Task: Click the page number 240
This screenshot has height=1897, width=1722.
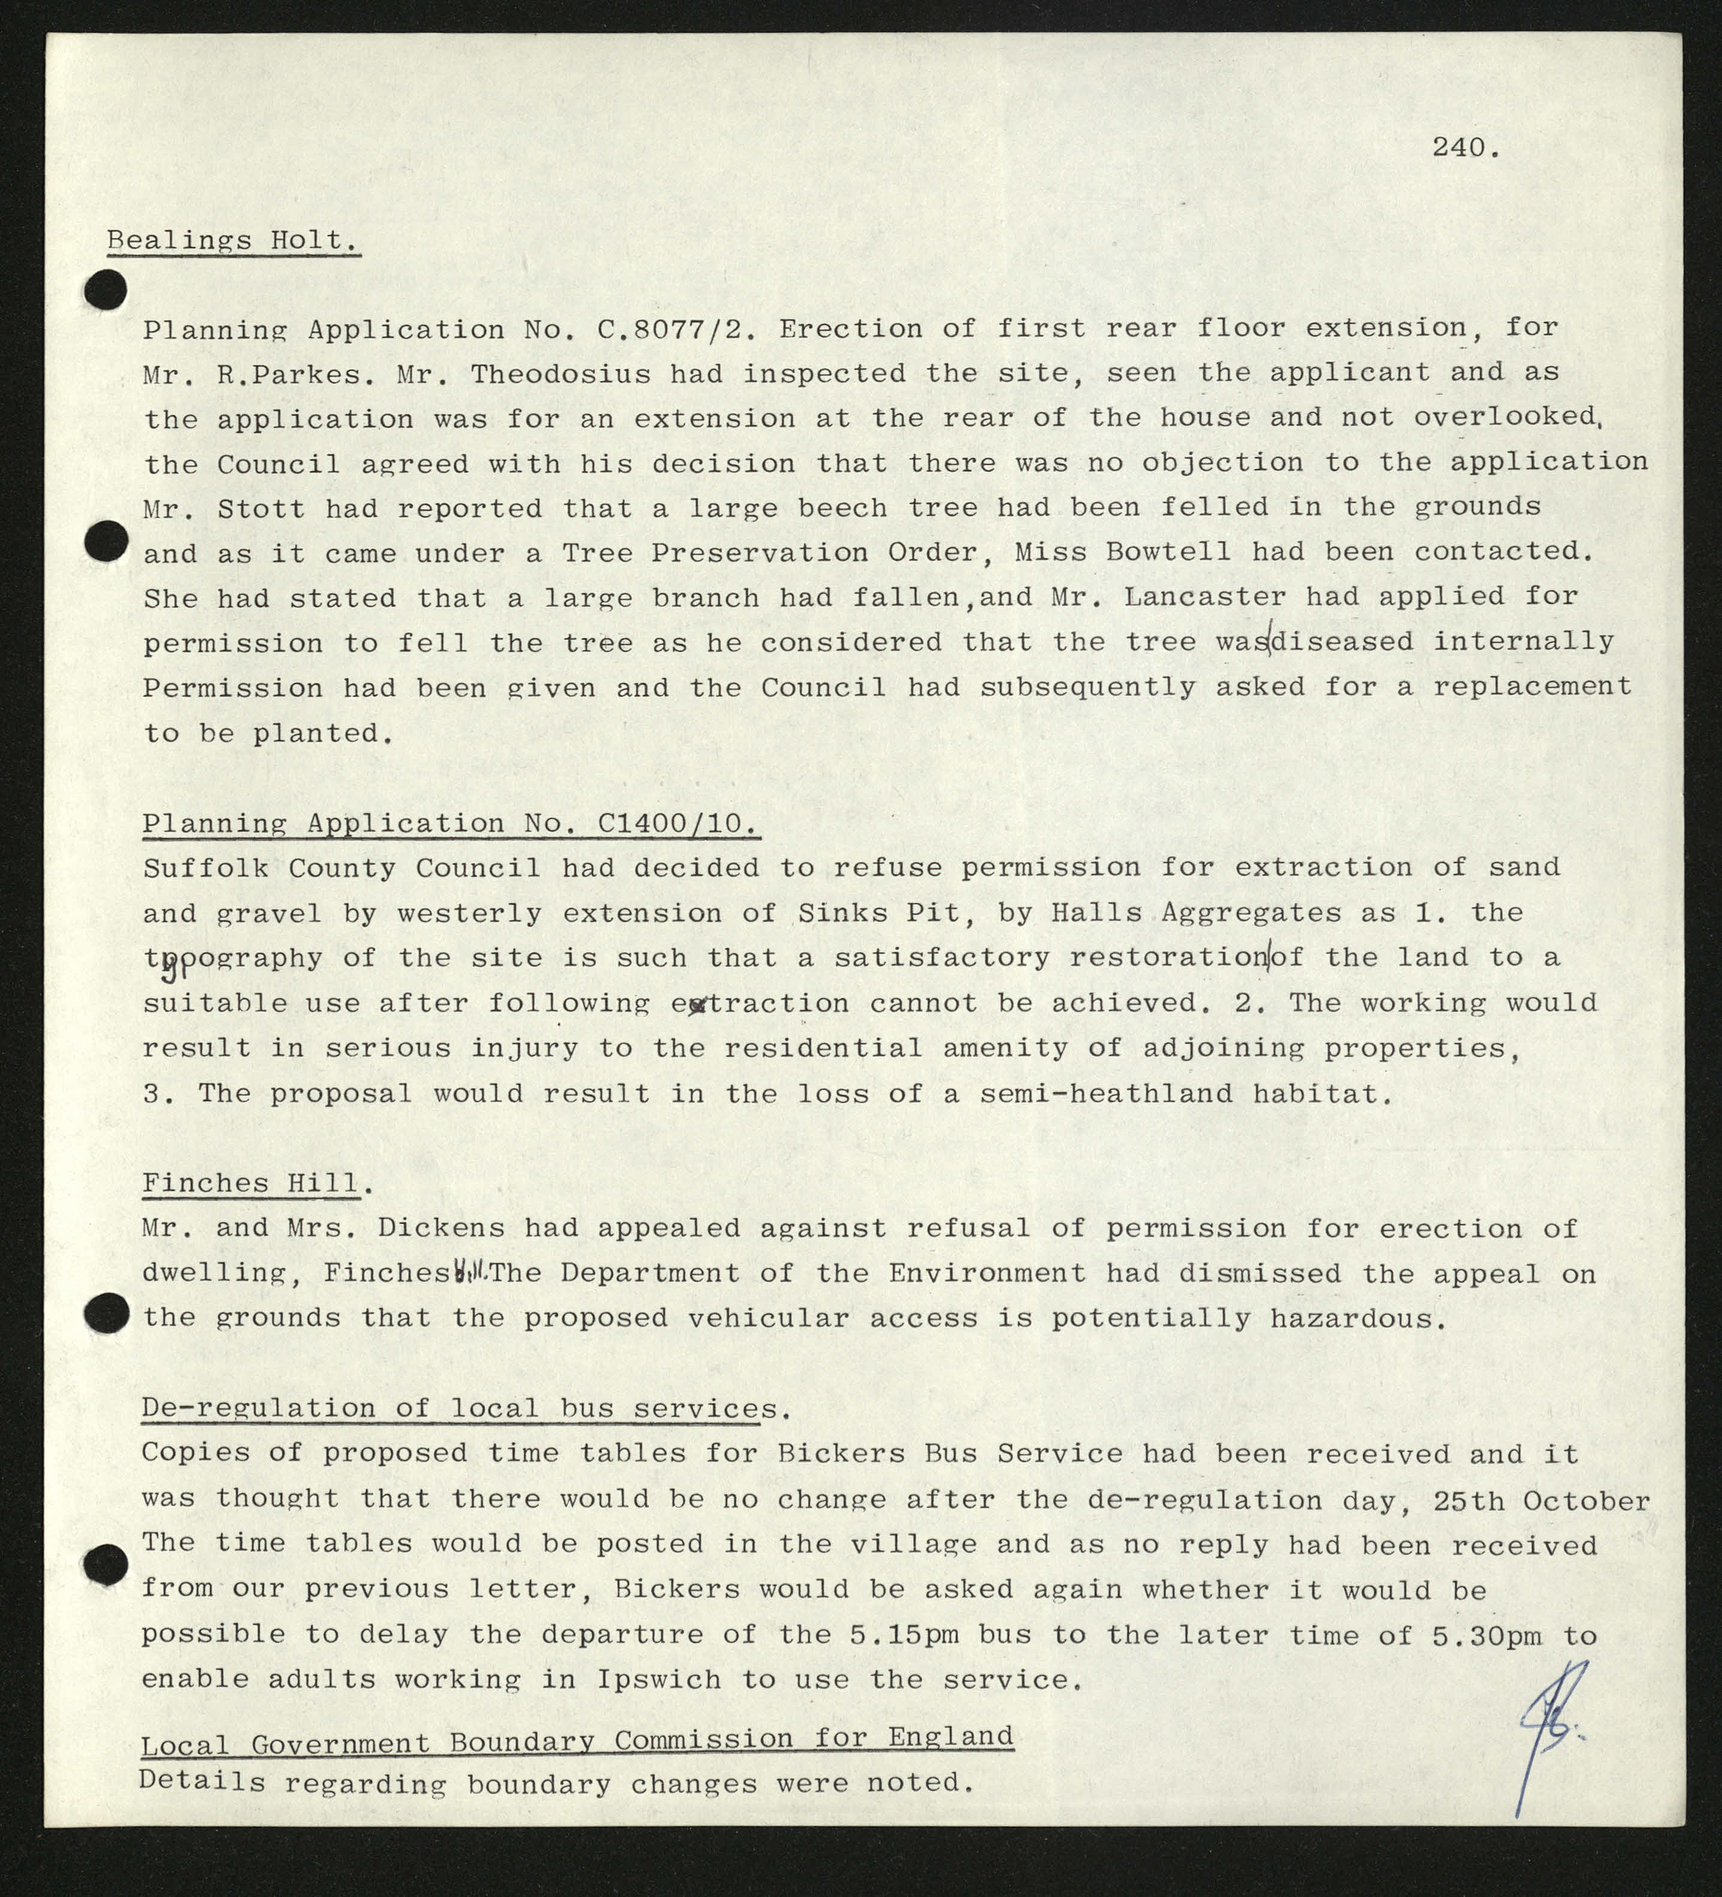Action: coord(1465,148)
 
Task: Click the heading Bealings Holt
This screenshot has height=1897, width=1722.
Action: coord(232,241)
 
